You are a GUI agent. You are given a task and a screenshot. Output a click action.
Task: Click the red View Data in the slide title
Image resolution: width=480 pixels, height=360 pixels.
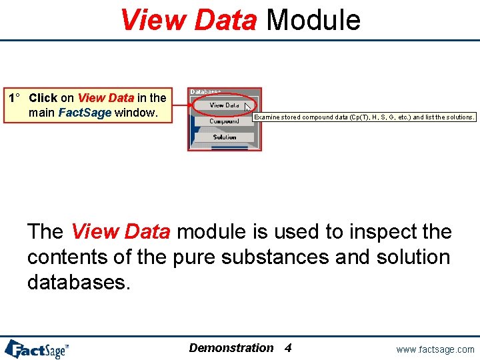[x=188, y=19]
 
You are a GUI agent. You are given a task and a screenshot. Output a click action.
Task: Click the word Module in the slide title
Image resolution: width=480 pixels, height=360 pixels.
[x=313, y=19]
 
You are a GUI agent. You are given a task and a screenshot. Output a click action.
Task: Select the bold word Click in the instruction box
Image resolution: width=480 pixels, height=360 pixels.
[x=43, y=98]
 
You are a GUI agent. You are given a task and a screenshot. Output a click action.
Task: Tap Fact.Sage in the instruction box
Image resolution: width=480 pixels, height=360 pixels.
[x=85, y=113]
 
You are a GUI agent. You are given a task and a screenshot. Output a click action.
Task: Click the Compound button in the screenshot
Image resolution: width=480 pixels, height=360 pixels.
[x=224, y=121]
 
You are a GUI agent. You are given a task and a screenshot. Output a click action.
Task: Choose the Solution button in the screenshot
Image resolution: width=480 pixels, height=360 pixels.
[x=225, y=137]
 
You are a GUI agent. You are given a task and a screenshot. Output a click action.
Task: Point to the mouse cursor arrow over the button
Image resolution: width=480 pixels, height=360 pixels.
[x=247, y=107]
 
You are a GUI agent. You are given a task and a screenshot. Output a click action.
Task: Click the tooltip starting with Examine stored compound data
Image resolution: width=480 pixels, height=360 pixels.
[x=365, y=117]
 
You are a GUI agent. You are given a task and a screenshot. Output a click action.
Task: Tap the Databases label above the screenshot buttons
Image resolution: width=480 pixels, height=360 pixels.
[x=206, y=92]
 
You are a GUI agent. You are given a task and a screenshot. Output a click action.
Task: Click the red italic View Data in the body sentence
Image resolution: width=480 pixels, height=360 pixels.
[x=121, y=232]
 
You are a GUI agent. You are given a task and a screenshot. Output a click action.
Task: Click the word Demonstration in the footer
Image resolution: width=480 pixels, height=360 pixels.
[x=231, y=348]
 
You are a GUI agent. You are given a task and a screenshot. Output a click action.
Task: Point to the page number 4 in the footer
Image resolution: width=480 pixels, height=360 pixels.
[x=288, y=348]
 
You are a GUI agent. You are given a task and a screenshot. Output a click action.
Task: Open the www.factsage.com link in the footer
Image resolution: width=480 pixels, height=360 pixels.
[x=435, y=349]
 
